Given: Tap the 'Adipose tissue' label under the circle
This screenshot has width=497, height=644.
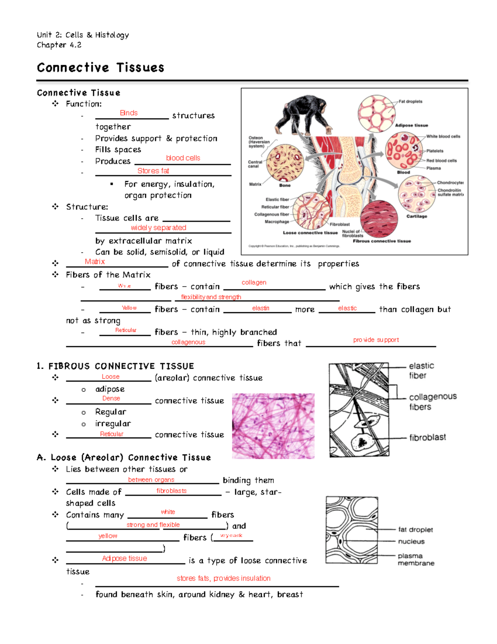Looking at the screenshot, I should [411, 125].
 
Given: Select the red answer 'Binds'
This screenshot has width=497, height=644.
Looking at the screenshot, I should [129, 113].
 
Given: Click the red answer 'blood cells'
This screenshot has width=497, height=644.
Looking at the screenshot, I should [183, 158].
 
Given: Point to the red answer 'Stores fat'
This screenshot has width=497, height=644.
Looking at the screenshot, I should [153, 171].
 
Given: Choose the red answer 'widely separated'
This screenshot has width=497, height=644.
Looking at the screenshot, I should [159, 228].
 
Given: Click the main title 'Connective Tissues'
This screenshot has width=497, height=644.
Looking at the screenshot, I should [101, 68].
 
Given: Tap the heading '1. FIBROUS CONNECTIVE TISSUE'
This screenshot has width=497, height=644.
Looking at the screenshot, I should [116, 366].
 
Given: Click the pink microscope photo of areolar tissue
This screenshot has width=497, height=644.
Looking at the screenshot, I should [273, 426].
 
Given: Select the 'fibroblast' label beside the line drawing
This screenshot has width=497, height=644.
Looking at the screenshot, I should [427, 437].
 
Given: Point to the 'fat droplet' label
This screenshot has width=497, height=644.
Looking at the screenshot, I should [415, 530].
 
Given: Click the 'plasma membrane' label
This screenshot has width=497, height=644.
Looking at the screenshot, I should [415, 559].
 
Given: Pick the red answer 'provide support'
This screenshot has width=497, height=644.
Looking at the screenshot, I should [376, 340].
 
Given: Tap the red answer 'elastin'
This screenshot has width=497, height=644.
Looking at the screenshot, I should [261, 308].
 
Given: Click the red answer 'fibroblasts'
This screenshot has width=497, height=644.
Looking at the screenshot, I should [171, 491].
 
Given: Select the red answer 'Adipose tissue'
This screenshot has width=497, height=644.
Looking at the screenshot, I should [125, 559].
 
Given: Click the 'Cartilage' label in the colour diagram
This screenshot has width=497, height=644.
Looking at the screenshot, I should [417, 216].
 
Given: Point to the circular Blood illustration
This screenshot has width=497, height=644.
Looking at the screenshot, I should [404, 151].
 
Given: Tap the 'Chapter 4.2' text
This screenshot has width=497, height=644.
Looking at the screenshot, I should [59, 45].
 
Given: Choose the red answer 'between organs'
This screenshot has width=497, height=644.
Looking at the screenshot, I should [151, 480].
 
